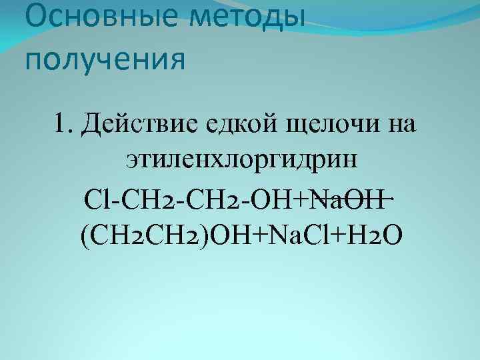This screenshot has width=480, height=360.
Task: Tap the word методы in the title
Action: point(246,19)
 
